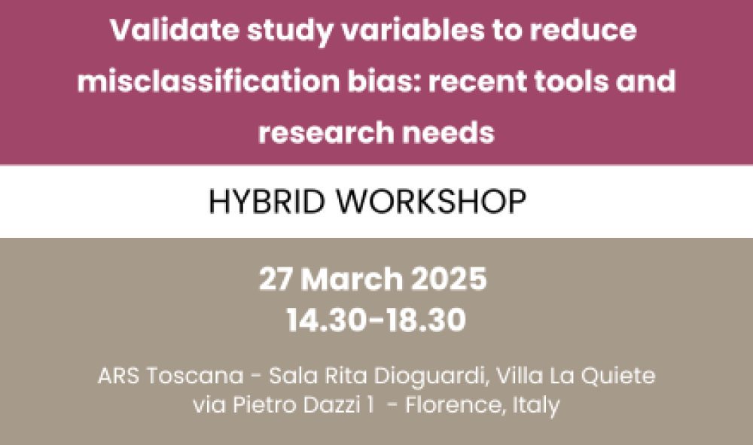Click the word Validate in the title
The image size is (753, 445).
tap(175, 30)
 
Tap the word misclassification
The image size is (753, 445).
tap(209, 81)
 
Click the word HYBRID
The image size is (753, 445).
tap(267, 202)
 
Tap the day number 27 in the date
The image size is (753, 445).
tap(275, 279)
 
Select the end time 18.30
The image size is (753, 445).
tap(426, 320)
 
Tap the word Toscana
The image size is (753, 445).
tap(195, 376)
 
